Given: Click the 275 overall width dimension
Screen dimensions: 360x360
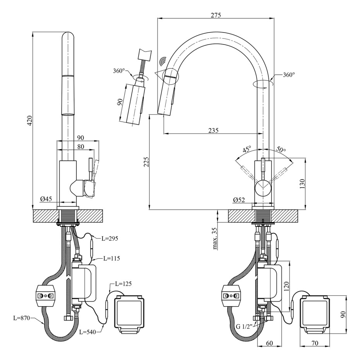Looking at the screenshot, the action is [x=216, y=15].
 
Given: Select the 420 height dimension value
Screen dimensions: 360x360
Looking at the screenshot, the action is [x=30, y=120].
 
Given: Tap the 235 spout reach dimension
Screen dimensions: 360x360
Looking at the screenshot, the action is [x=213, y=130].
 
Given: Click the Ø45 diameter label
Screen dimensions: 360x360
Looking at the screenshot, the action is [x=46, y=199].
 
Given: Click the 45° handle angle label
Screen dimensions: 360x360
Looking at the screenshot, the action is [x=247, y=149].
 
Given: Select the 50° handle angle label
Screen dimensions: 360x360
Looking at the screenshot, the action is [x=281, y=150].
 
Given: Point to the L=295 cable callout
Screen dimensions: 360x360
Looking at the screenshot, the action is [x=110, y=238].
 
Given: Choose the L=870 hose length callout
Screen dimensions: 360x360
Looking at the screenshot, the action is [x=21, y=318].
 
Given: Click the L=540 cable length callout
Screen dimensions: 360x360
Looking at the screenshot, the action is [x=88, y=332].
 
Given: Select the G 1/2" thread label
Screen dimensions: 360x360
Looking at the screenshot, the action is [x=244, y=326].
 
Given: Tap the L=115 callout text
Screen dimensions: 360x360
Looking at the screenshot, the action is [x=111, y=258].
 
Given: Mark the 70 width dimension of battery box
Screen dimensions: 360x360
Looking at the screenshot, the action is [x=315, y=343].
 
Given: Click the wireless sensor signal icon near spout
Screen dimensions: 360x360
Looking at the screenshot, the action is [x=163, y=61].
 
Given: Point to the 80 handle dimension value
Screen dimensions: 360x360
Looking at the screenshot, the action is [x=81, y=146].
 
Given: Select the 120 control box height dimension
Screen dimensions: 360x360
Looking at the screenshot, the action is [x=286, y=286].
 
